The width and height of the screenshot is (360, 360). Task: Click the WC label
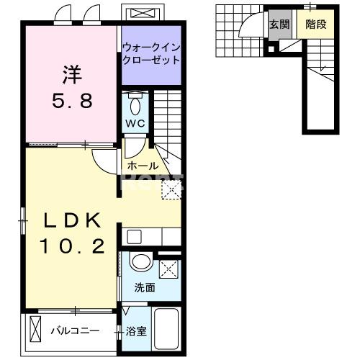tap(136, 122)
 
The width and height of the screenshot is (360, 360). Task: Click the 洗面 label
tap(145, 288)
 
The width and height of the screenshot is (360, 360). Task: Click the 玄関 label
tap(279, 24)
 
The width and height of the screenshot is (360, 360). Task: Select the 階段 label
tap(315, 24)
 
